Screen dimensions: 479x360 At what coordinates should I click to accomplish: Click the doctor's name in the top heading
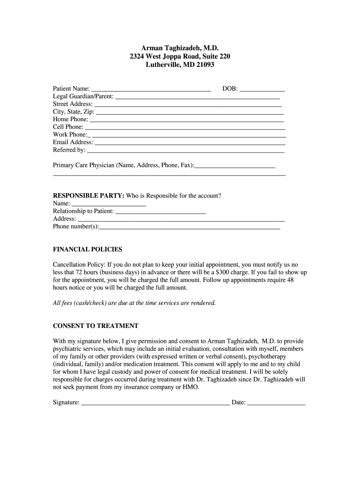[x=180, y=48]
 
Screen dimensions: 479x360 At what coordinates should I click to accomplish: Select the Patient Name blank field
[x=151, y=89]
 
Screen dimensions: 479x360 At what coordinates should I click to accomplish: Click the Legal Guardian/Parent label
[x=83, y=96]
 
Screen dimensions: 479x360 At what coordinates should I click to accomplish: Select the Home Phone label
[x=71, y=119]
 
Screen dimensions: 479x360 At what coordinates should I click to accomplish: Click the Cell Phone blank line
[x=185, y=127]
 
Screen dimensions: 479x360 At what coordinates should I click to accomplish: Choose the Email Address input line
[x=190, y=142]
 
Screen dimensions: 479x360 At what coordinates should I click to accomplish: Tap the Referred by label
[x=69, y=150]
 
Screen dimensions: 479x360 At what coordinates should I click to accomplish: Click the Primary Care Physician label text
[x=123, y=165]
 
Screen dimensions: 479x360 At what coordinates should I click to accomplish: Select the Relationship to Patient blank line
[x=160, y=211]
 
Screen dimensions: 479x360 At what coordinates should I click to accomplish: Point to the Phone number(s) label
[x=76, y=226]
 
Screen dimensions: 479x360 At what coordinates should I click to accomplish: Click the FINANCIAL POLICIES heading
[x=87, y=249]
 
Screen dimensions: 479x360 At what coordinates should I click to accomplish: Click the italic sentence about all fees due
[x=135, y=303]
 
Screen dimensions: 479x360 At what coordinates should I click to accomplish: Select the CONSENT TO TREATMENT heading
[x=95, y=326]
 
